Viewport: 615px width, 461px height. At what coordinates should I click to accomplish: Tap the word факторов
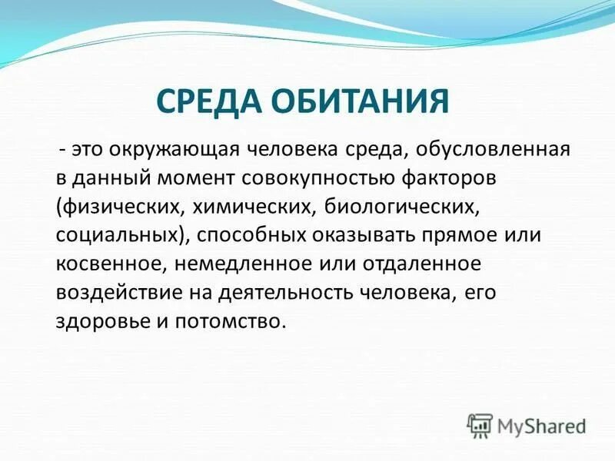459,178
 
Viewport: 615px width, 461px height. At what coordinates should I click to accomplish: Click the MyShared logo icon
480,424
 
